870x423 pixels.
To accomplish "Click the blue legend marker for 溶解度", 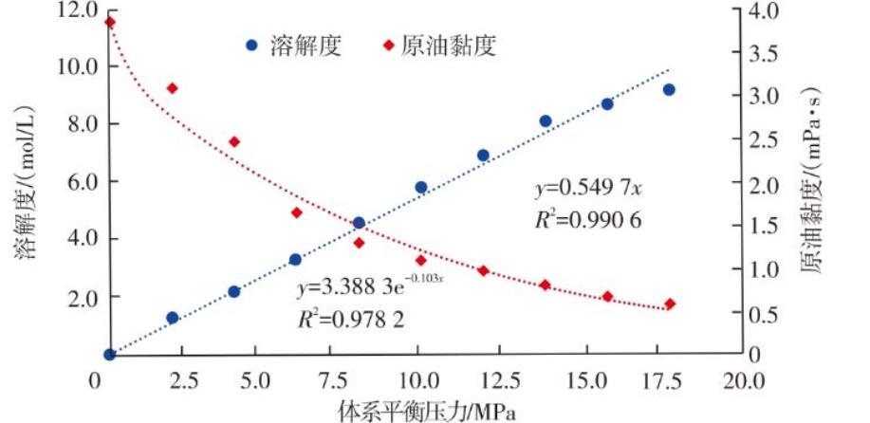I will pos(251,45).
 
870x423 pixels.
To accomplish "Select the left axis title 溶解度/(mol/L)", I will pos(26,186).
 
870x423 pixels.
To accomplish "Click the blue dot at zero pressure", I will pos(109,355).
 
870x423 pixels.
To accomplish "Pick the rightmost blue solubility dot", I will pos(669,90).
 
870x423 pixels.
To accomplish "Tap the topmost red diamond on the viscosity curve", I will pos(109,22).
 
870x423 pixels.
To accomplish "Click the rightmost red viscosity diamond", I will pos(670,304).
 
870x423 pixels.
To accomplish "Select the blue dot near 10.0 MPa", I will pos(421,188).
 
